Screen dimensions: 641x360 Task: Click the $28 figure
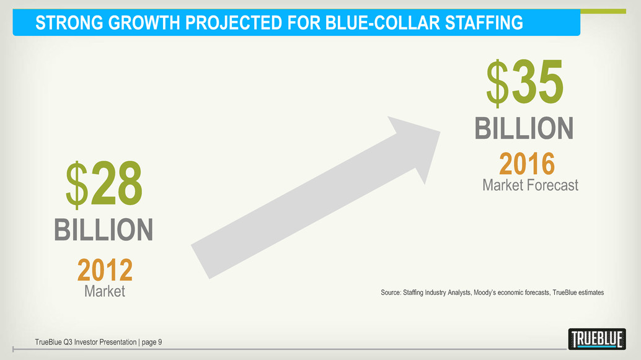point(104,183)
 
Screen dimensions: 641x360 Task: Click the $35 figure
point(525,82)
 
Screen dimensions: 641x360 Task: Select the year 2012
point(105,270)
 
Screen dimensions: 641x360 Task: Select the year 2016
point(527,164)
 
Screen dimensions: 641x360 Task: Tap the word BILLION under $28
point(104,230)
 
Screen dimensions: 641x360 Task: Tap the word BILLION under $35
point(524,128)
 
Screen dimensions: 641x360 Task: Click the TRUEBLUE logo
point(597,339)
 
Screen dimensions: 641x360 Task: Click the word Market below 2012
point(105,291)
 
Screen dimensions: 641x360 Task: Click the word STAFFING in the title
point(484,23)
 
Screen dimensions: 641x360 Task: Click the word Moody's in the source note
point(484,292)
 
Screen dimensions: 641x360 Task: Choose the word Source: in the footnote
point(391,292)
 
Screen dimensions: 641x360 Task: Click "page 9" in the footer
point(152,343)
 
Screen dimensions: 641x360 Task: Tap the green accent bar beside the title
point(603,11)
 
